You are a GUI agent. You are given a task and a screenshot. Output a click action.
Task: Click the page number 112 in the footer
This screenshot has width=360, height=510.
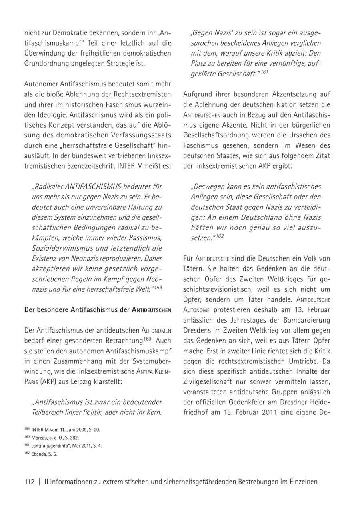point(29,482)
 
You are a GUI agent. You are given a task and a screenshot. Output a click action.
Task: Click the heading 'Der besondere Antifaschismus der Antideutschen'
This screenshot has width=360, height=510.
point(98,310)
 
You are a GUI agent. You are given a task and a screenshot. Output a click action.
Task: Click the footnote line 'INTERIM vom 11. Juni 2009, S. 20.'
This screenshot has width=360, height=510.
point(68,430)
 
